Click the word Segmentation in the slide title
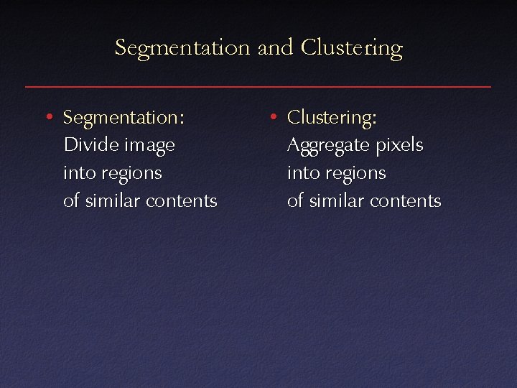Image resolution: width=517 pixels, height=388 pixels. tap(182, 48)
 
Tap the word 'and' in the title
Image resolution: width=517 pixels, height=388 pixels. tap(274, 48)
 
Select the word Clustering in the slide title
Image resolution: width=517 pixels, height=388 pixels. tap(352, 48)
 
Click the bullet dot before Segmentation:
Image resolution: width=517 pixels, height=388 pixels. tap(47, 116)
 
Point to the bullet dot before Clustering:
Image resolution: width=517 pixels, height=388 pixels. tap(271, 116)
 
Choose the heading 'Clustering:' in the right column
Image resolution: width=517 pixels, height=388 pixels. tap(332, 117)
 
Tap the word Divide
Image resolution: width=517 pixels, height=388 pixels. tap(91, 145)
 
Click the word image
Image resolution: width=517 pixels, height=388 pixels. tap(149, 146)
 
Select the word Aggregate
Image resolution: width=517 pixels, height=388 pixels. tap(327, 146)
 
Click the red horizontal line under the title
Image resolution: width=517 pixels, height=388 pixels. tap(258, 87)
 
